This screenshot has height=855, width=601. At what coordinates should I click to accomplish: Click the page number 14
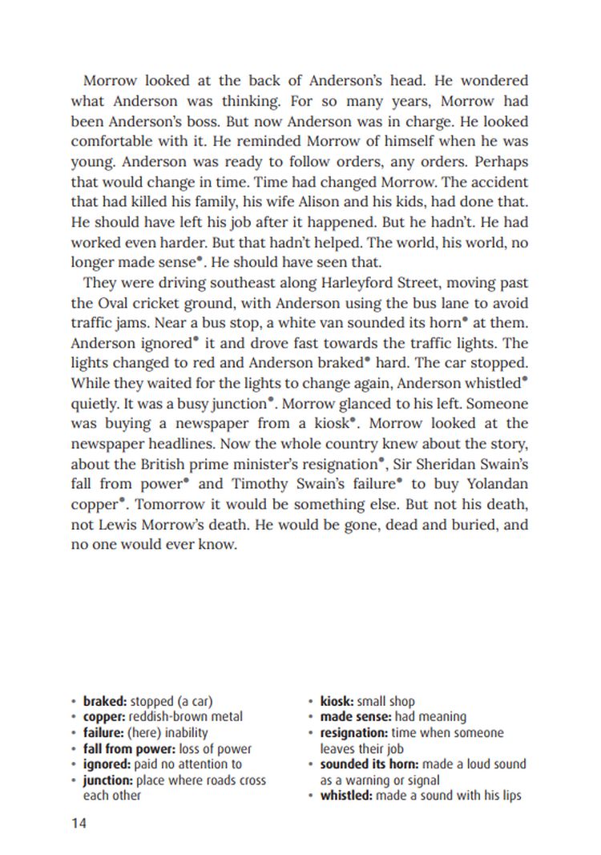[78, 823]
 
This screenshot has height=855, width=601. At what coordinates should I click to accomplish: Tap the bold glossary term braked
[104, 701]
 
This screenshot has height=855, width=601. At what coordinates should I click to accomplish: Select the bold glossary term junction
[108, 780]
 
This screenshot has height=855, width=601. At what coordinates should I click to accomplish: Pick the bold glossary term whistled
[348, 795]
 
